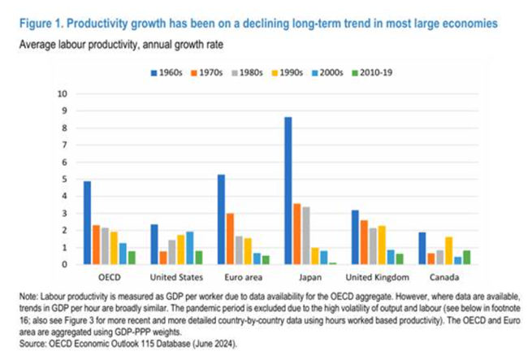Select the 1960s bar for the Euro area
coord(221,219)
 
